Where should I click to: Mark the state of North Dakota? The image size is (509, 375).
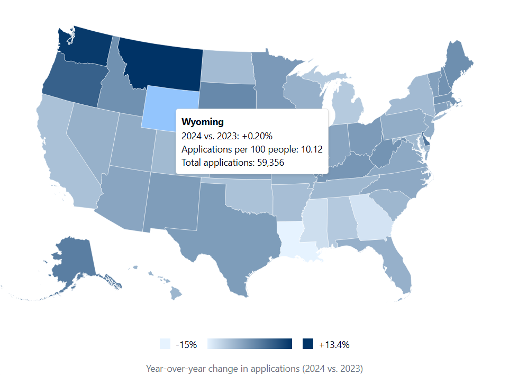(x=226, y=66)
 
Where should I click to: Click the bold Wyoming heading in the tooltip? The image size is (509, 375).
(x=203, y=122)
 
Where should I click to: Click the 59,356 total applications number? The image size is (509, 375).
(x=269, y=163)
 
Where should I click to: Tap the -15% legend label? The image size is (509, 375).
(x=186, y=344)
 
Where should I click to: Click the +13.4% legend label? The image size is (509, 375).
(x=334, y=344)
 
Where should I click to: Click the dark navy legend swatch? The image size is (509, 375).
(x=307, y=344)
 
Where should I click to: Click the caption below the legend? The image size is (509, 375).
(x=254, y=368)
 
